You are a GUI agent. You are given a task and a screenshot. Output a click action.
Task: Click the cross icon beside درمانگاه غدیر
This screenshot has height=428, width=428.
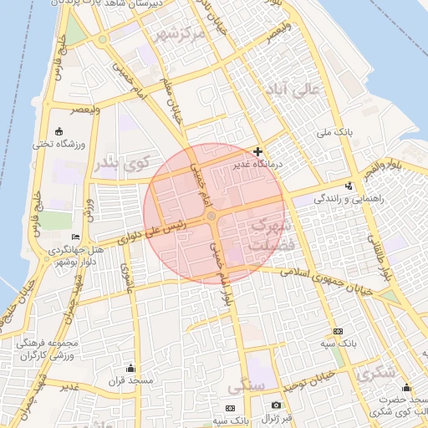coord(257,151)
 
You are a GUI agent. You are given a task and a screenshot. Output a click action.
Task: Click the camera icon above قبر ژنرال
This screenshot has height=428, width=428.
coord(276,405)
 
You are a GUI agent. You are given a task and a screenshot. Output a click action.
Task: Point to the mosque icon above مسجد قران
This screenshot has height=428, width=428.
coord(130,369)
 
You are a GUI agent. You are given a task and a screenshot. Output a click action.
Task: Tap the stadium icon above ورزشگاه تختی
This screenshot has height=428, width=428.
coord(59,132)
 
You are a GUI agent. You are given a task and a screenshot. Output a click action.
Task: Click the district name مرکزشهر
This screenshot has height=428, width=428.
coord(179,34)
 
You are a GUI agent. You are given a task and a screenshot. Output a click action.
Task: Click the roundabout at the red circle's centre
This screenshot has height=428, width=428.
coord(213,217)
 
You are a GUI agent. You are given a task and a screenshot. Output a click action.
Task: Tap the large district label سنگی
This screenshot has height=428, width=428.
coord(246,387)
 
